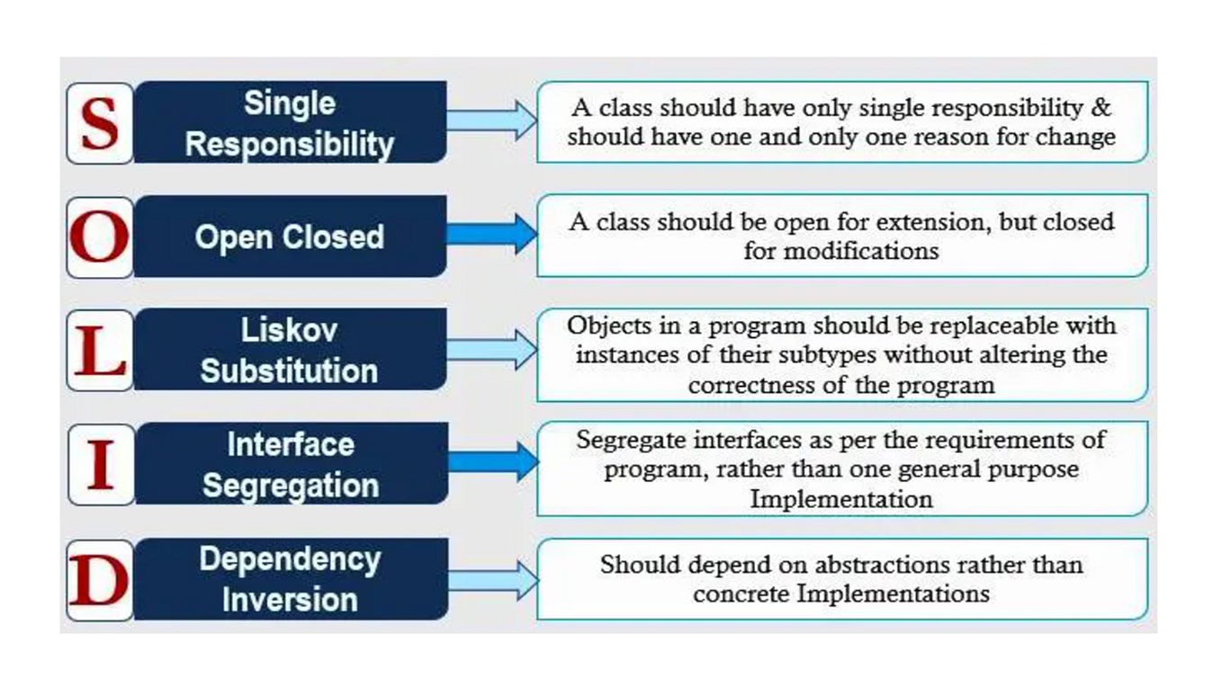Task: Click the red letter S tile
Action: coord(100,123)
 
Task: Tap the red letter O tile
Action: coord(100,237)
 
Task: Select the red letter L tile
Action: coord(100,351)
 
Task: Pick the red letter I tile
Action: coord(101,464)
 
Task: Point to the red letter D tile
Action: coord(100,579)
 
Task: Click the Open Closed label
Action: coord(290,237)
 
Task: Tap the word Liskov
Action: coord(290,330)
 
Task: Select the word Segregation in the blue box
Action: coord(290,486)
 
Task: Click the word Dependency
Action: coord(290,558)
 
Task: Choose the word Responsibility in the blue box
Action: coord(290,144)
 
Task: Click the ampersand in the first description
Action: coord(1102,109)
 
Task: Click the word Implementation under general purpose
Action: coord(841,498)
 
